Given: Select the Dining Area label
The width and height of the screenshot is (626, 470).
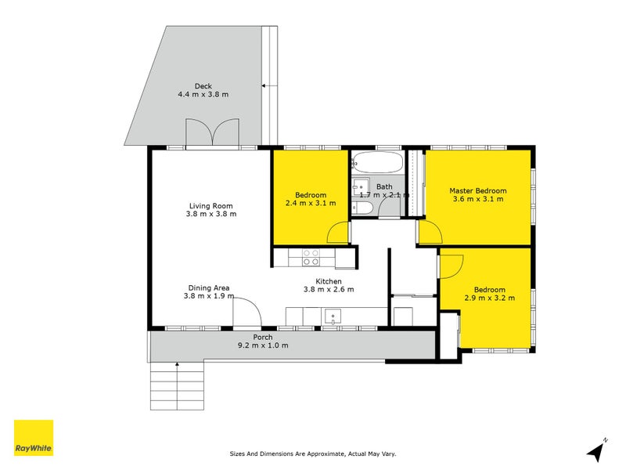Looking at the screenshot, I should pyautogui.click(x=208, y=287).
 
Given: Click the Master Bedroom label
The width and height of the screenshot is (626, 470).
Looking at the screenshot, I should pyautogui.click(x=477, y=190).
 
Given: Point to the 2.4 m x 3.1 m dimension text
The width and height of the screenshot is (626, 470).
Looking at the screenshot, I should pyautogui.click(x=310, y=203).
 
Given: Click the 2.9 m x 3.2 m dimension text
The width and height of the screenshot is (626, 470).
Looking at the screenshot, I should pyautogui.click(x=489, y=298).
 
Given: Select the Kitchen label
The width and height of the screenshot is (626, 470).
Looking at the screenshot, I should pyautogui.click(x=329, y=281).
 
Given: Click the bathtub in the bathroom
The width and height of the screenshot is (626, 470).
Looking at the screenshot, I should pyautogui.click(x=377, y=163).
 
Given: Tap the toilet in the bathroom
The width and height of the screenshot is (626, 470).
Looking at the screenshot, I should pyautogui.click(x=362, y=208).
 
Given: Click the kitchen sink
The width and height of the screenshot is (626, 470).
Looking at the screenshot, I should pyautogui.click(x=333, y=316).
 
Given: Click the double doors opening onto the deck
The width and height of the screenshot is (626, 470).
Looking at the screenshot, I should pyautogui.click(x=212, y=132).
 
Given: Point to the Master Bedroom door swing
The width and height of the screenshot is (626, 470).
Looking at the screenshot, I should pyautogui.click(x=429, y=233).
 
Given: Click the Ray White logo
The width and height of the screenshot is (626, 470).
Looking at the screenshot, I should pyautogui.click(x=34, y=438).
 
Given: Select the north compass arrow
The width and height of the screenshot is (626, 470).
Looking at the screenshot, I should pyautogui.click(x=598, y=450).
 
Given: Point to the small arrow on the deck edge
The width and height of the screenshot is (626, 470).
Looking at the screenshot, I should pyautogui.click(x=264, y=85).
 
